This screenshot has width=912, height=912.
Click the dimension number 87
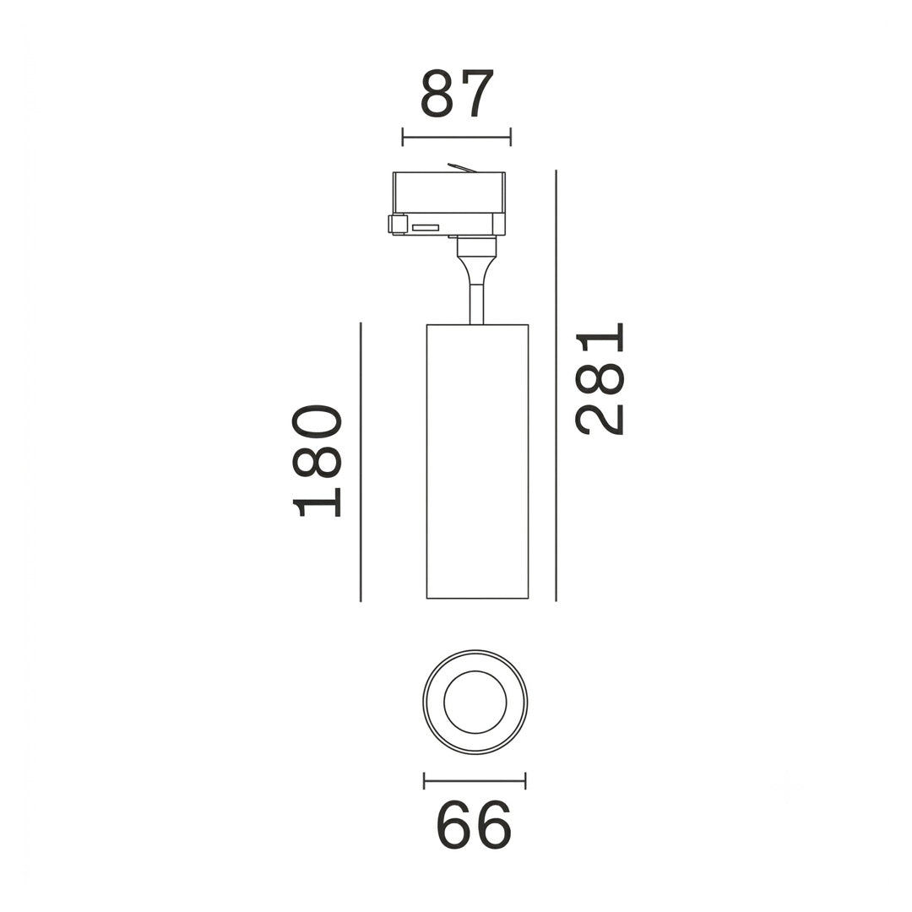(x=457, y=94)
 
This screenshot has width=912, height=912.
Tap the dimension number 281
(x=600, y=378)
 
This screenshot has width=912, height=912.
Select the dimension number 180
(x=317, y=461)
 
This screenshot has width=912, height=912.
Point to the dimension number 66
(x=474, y=824)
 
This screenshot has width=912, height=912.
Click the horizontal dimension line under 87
(x=457, y=138)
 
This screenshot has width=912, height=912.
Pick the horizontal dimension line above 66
(x=475, y=780)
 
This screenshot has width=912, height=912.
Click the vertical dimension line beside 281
(x=556, y=385)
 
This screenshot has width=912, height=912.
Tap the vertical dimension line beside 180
(x=361, y=462)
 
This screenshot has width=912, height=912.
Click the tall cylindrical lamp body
(x=477, y=461)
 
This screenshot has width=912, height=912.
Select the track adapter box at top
(x=448, y=203)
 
